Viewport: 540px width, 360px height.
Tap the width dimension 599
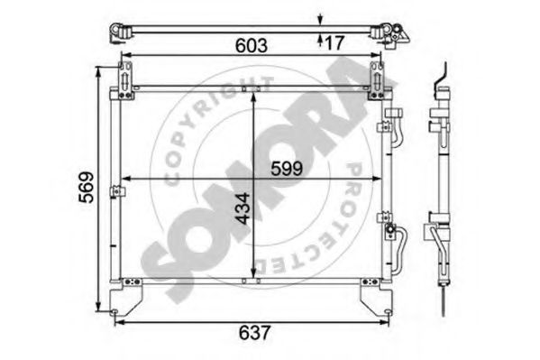tap(286, 168)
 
